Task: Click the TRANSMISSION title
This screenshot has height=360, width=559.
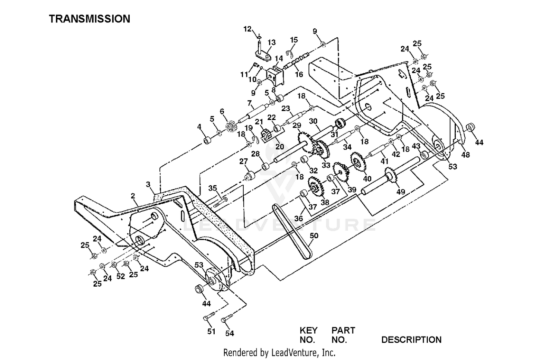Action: (x=89, y=19)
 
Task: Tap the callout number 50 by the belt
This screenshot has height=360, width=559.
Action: (x=314, y=236)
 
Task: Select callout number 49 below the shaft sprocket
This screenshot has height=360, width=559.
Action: (x=401, y=192)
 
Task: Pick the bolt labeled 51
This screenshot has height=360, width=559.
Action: (x=209, y=316)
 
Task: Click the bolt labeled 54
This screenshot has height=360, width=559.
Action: (x=227, y=318)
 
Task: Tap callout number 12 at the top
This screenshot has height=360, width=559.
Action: (x=247, y=29)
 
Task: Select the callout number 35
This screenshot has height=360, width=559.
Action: (x=213, y=188)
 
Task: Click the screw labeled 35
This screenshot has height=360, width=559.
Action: (x=221, y=202)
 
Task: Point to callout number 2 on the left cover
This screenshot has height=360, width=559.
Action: (x=133, y=196)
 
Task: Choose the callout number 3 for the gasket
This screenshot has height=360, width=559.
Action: (x=148, y=184)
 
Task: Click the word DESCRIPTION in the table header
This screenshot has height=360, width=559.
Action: (x=411, y=340)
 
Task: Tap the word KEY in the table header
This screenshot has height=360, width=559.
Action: (x=309, y=330)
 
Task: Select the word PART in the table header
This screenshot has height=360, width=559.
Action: (x=343, y=330)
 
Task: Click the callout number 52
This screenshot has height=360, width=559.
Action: (x=120, y=276)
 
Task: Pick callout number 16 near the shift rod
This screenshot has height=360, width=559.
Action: (x=299, y=74)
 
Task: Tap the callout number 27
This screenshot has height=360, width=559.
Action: (x=243, y=161)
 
